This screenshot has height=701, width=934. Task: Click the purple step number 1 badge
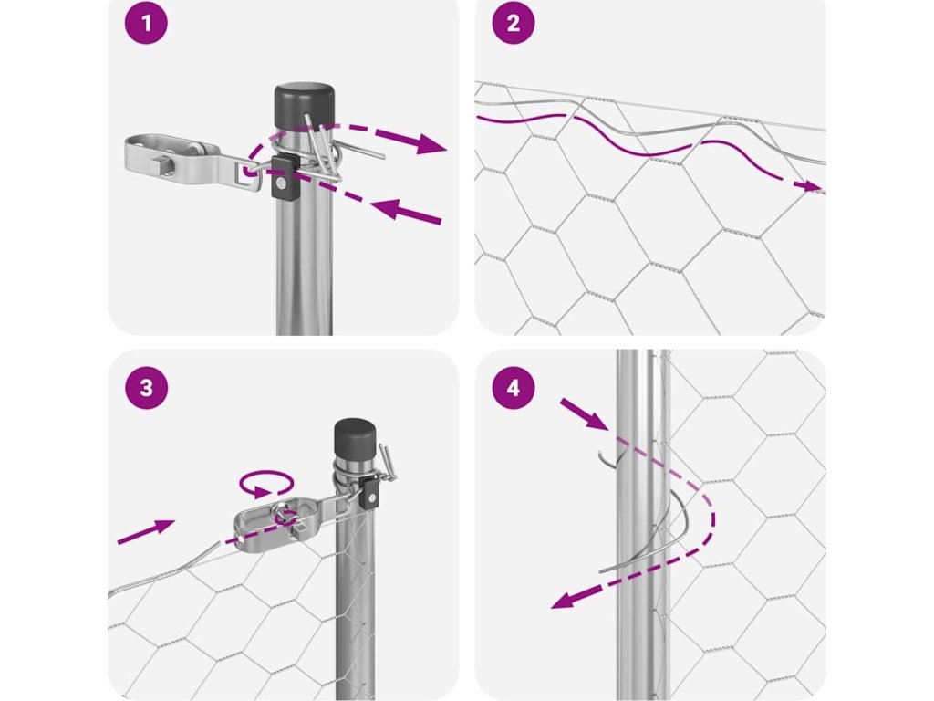(x=146, y=23)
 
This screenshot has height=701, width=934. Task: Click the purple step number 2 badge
(x=514, y=23)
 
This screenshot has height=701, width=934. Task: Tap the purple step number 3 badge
(x=146, y=387)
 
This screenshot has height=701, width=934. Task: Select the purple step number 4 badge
(x=514, y=387)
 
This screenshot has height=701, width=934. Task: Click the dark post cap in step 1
(x=304, y=106)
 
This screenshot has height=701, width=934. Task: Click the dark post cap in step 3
(x=355, y=438)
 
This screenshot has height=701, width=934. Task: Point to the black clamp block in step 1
(x=285, y=178)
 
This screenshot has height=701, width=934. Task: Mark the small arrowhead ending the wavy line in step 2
(x=810, y=186)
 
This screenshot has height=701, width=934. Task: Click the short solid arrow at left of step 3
(x=146, y=531)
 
